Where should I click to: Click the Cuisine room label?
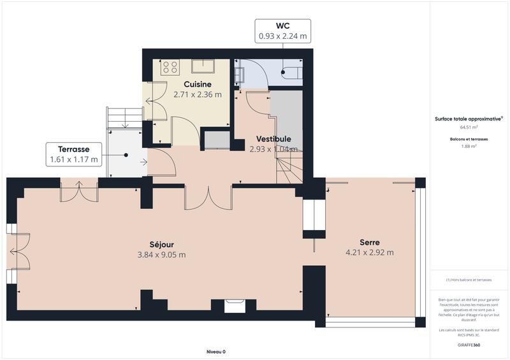point(198,84)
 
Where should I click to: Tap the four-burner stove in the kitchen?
point(170,67)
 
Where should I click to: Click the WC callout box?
point(282,31)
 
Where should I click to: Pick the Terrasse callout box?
point(74,154)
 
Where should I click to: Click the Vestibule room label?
point(273,139)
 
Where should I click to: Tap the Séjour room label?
point(162,244)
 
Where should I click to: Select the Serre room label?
point(370,242)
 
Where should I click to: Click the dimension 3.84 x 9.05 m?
point(162,255)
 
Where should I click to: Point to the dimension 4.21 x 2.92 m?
point(370,252)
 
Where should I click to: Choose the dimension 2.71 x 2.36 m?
point(198,95)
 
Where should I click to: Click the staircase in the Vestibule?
point(288,169)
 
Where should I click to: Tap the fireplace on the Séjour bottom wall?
point(234,306)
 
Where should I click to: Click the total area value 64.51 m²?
point(469,127)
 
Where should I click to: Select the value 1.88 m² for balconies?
point(469,146)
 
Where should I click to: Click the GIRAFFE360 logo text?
point(469,345)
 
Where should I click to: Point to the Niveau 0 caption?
point(216,352)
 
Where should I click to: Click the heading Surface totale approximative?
point(468,119)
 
